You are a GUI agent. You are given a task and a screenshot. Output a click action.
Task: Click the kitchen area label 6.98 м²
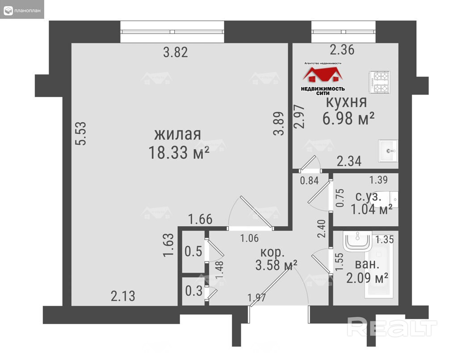(x=348, y=118)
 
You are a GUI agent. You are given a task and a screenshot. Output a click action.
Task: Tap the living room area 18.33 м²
(x=179, y=153)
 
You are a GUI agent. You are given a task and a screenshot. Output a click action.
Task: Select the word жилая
(x=178, y=134)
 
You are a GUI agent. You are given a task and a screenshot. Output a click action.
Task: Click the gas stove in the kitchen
(x=380, y=82)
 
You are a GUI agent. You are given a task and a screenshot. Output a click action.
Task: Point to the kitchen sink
(x=388, y=151)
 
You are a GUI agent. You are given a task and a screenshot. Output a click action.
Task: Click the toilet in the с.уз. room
(x=389, y=200)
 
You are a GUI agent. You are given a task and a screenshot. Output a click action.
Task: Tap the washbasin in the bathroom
(x=357, y=241)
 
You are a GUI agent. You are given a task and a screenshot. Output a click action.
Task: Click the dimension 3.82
(x=176, y=52)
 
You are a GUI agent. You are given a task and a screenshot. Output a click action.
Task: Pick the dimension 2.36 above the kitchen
(x=342, y=50)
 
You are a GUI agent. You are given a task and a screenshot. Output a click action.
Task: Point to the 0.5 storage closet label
(x=193, y=251)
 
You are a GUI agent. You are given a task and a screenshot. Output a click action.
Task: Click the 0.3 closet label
(x=194, y=291)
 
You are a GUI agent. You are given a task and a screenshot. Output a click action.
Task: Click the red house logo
(x=323, y=75)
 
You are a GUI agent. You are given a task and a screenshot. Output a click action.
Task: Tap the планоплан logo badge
(x=22, y=9)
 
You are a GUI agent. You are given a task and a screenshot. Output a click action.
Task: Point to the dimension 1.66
(x=200, y=220)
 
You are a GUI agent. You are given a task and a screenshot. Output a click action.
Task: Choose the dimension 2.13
(x=123, y=296)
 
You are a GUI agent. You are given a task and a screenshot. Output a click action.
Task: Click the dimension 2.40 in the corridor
(x=322, y=229)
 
